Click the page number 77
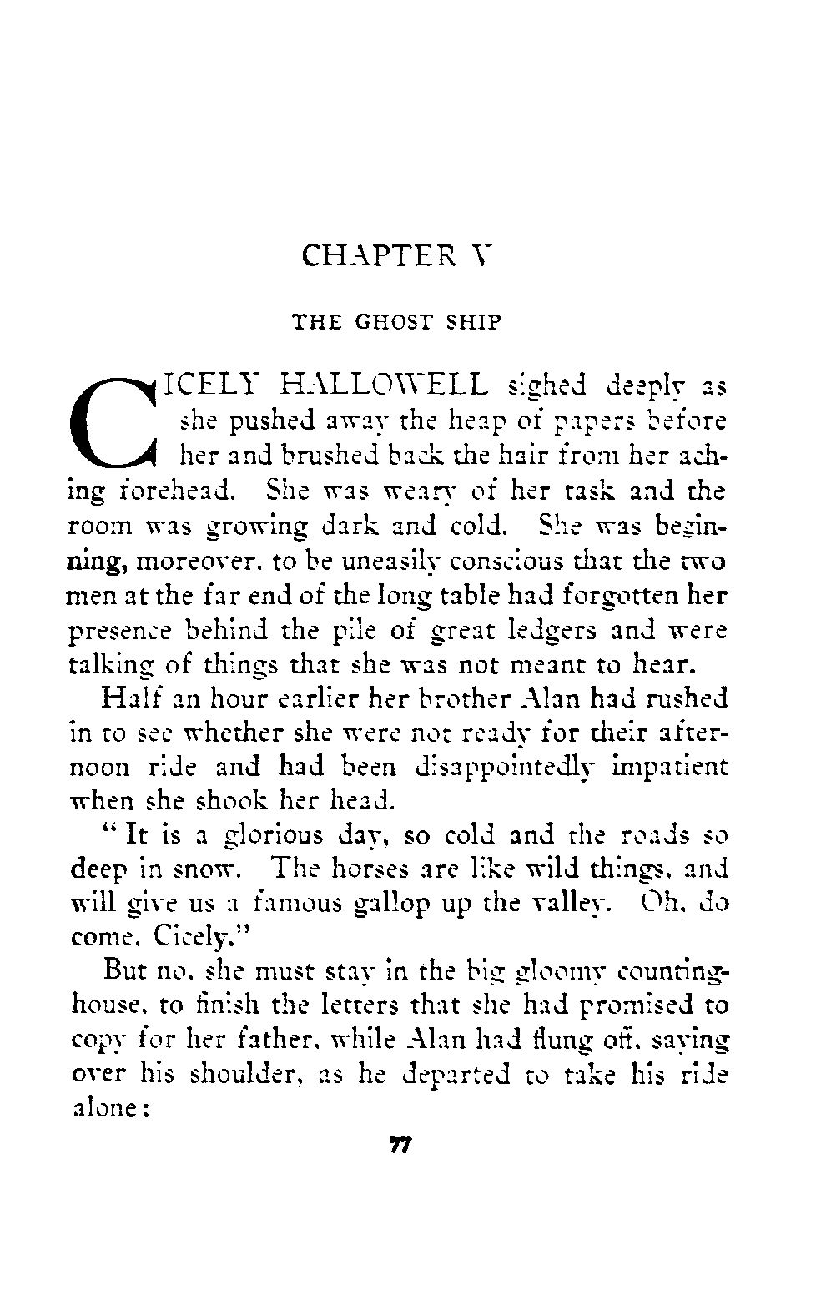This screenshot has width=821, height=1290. tap(396, 1146)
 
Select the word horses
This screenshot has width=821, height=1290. tap(348, 870)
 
